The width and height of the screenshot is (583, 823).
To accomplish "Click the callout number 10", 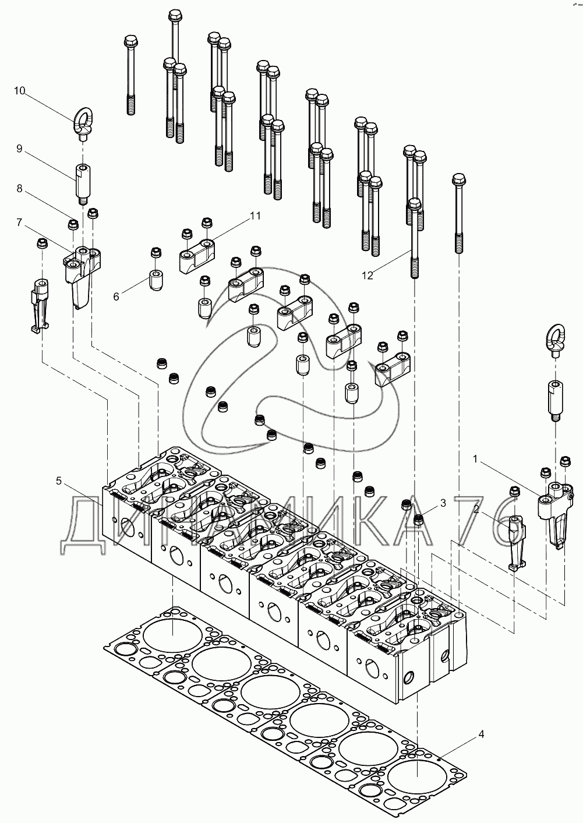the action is [x=19, y=91].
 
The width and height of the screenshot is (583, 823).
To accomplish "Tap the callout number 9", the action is [x=19, y=149].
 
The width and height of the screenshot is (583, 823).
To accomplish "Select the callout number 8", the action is [x=19, y=189].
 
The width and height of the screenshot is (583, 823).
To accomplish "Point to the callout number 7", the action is [x=19, y=222].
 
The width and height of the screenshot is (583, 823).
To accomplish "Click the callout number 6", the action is [x=116, y=296].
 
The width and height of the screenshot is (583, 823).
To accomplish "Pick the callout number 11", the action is [x=255, y=216].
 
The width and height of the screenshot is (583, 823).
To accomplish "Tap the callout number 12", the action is [x=368, y=275].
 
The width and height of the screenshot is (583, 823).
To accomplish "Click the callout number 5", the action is [x=59, y=481].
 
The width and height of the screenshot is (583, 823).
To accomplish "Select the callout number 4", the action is [x=481, y=734].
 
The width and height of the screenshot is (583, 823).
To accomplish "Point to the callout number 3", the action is [x=443, y=503].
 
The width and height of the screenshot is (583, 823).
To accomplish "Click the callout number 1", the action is [x=475, y=459].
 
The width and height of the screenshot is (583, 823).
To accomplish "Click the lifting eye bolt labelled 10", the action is [x=83, y=125].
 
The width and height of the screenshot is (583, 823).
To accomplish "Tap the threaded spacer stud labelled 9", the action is [x=82, y=185].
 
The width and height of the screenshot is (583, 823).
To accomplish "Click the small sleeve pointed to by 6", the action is [x=156, y=281].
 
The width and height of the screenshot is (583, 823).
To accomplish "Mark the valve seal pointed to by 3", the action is [x=419, y=520].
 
